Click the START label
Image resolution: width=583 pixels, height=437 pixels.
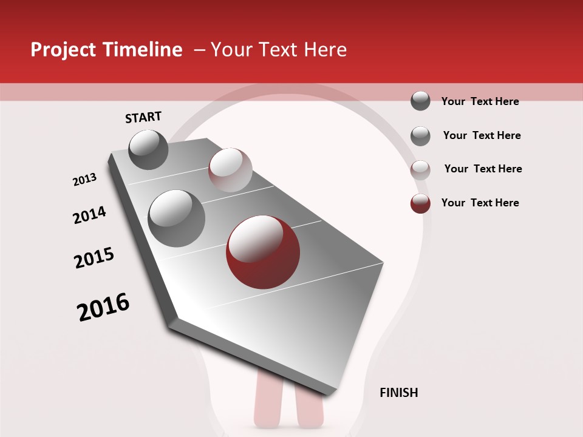pyautogui.click(x=143, y=117)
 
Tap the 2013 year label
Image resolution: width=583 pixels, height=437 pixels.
pyautogui.click(x=84, y=180)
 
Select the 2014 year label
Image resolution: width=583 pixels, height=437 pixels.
pyautogui.click(x=89, y=215)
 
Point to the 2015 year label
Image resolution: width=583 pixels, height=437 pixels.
pyautogui.click(x=94, y=258)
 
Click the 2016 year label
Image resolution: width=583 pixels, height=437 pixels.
pyautogui.click(x=103, y=307)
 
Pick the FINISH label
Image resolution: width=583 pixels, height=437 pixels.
pyautogui.click(x=398, y=393)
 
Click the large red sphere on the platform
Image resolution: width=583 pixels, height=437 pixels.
pyautogui.click(x=262, y=251)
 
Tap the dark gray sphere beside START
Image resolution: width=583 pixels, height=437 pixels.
pyautogui.click(x=148, y=149)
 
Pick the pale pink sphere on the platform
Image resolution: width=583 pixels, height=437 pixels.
pyautogui.click(x=230, y=169)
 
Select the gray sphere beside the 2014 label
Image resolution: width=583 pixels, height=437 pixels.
pyautogui.click(x=176, y=218)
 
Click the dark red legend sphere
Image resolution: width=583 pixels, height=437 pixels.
pyautogui.click(x=420, y=203)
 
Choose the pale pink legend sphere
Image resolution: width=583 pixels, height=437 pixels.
pyautogui.click(x=420, y=170)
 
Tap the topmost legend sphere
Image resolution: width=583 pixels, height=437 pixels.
pyautogui.click(x=420, y=101)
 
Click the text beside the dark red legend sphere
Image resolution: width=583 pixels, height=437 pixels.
pyautogui.click(x=480, y=203)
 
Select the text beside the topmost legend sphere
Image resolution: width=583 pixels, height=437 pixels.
pyautogui.click(x=480, y=101)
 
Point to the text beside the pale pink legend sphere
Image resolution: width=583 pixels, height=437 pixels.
pyautogui.click(x=483, y=169)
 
